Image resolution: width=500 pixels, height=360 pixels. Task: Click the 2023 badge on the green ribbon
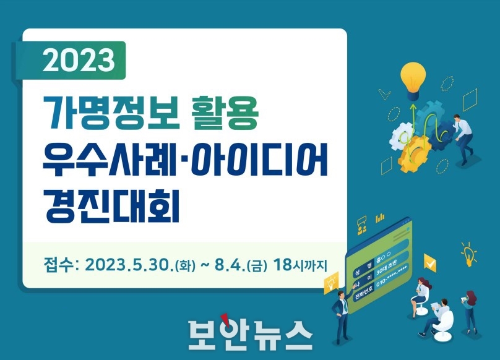pyautogui.click(x=79, y=60)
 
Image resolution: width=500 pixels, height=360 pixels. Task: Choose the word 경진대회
pyautogui.click(x=111, y=207)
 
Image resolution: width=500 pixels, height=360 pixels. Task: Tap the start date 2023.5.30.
pyautogui.click(x=129, y=265)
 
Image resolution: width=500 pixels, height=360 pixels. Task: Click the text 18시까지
pyautogui.click(x=300, y=265)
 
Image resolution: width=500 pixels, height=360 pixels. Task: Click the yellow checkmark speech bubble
pyautogui.click(x=430, y=263)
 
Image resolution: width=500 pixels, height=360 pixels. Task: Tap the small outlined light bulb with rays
pyautogui.click(x=468, y=254)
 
